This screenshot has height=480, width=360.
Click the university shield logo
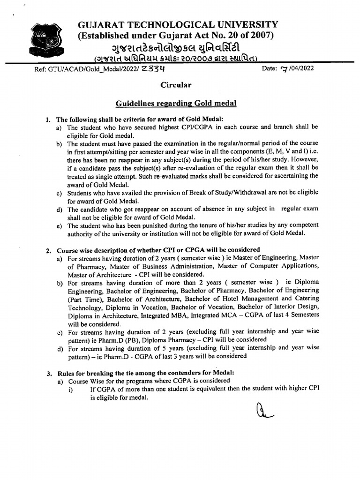coord(45,40)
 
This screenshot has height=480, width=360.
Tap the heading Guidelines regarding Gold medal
coord(176,103)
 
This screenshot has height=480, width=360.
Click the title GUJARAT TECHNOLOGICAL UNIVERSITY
coord(178,25)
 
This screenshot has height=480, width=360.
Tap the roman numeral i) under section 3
coord(71,389)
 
